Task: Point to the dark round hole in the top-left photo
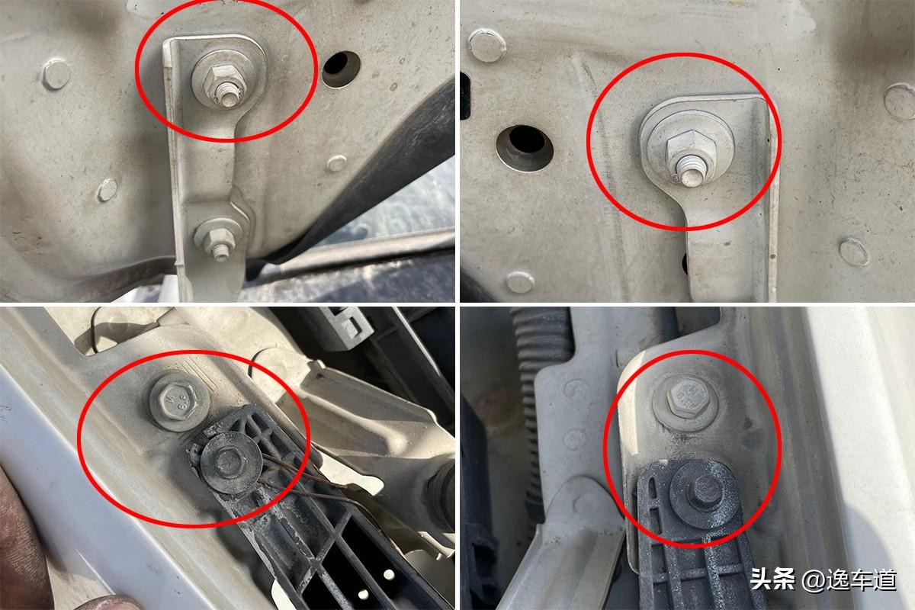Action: click(340, 69)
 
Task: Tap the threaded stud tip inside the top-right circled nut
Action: click(692, 175)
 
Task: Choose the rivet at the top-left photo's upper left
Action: click(56, 74)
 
